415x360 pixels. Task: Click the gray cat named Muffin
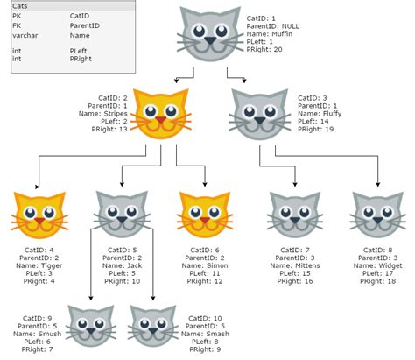point(207,34)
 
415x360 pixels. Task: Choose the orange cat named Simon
point(204,215)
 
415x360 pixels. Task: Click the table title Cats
point(20,6)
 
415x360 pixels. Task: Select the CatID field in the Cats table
point(80,16)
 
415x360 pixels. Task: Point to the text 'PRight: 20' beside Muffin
point(265,49)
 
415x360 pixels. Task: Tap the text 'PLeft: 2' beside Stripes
point(113,121)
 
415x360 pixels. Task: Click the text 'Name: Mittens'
point(293,266)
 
